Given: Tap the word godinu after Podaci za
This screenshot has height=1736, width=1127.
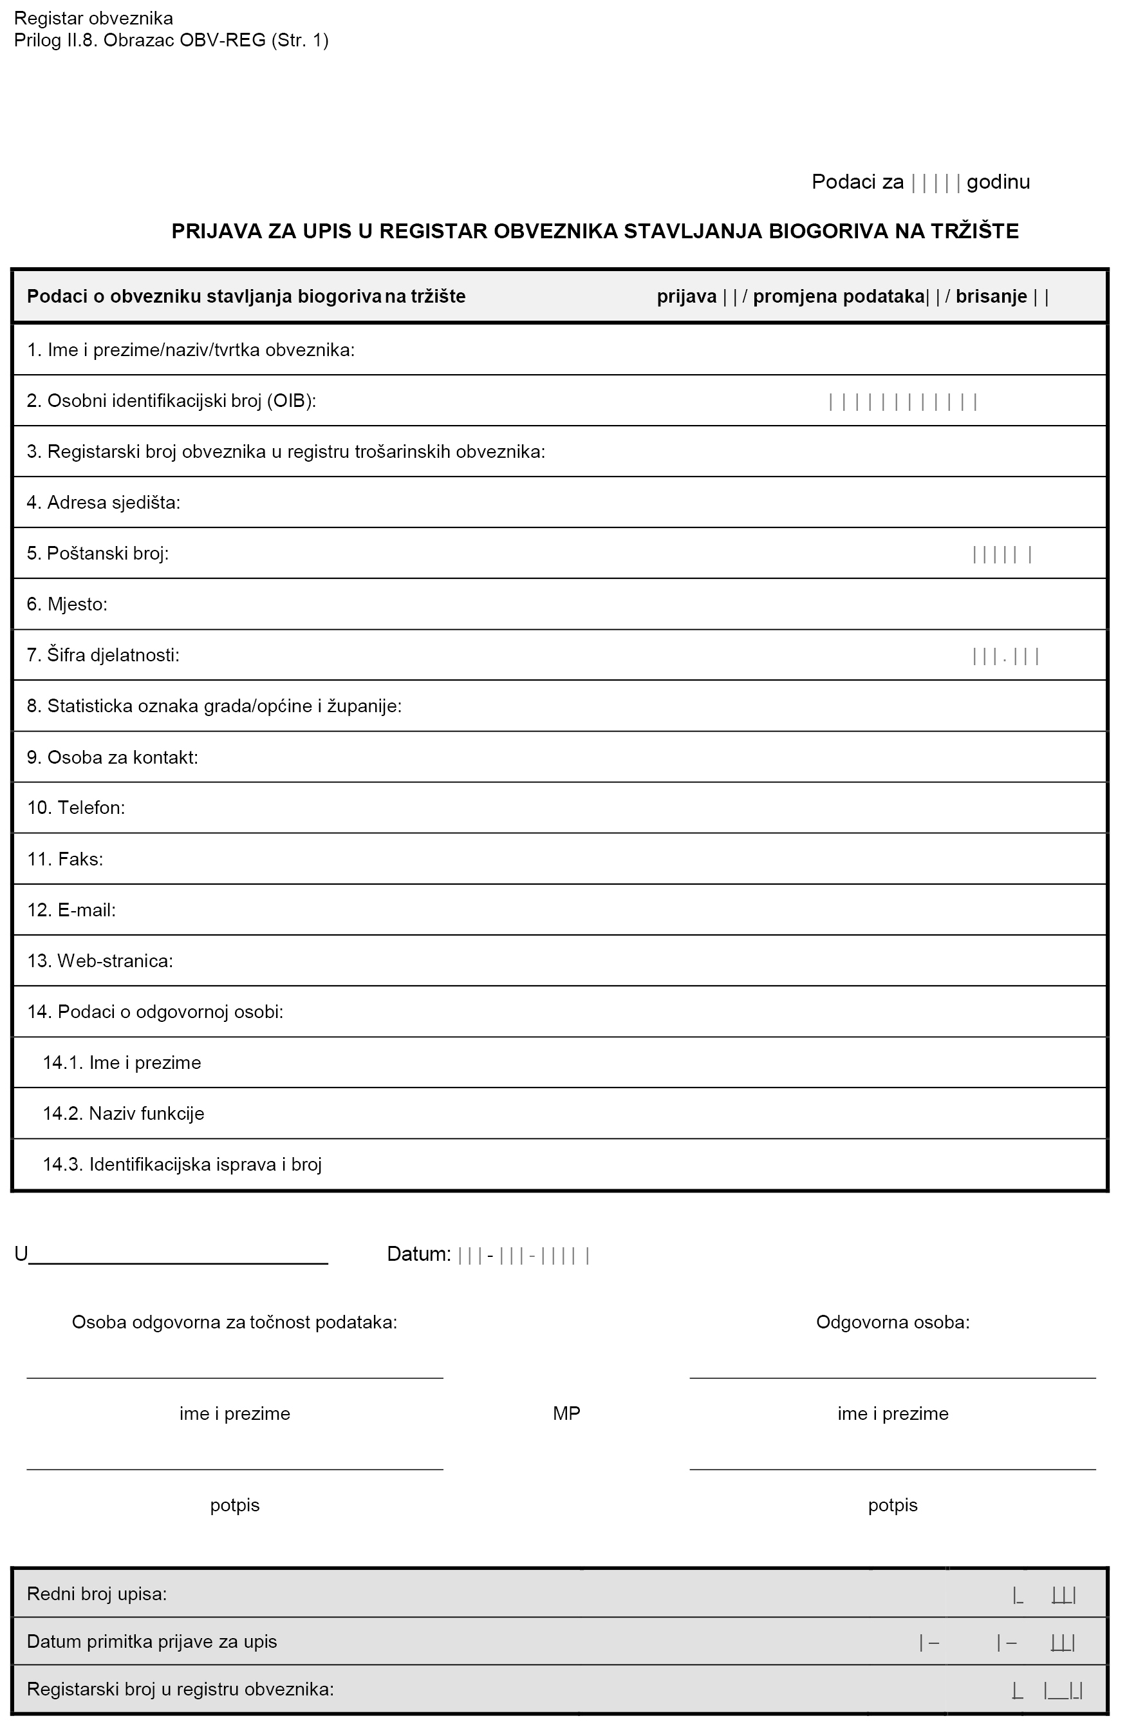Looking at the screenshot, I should click(998, 182).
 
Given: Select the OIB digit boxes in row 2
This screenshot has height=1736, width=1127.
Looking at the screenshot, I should click(902, 401).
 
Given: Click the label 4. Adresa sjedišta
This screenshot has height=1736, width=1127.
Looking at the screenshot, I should click(104, 502).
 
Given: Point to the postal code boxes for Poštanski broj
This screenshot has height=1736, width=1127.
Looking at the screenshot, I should click(1001, 554).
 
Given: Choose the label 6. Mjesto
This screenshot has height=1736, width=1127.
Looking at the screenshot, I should click(67, 604).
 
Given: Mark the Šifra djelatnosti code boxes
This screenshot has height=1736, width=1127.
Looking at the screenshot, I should click(1005, 656).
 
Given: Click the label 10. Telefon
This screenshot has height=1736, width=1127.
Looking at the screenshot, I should click(77, 807).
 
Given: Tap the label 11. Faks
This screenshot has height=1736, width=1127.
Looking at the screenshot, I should click(66, 859).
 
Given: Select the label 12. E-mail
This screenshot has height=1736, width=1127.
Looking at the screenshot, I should click(71, 910).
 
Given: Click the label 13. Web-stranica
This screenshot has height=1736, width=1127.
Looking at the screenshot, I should click(100, 961).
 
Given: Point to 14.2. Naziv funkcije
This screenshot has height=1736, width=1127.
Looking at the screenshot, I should click(123, 1114).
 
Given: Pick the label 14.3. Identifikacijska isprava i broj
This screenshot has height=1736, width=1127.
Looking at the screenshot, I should click(182, 1164).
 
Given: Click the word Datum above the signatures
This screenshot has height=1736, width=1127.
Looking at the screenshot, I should click(418, 1254).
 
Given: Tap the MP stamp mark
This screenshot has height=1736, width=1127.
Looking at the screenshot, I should click(566, 1413).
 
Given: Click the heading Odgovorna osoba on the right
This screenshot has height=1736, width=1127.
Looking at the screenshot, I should click(892, 1323).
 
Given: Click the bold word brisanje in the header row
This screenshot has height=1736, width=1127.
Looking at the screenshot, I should click(991, 296).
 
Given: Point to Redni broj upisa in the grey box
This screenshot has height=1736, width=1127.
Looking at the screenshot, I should click(97, 1594).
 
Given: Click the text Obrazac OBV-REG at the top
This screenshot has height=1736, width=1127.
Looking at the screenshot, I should click(185, 40).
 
